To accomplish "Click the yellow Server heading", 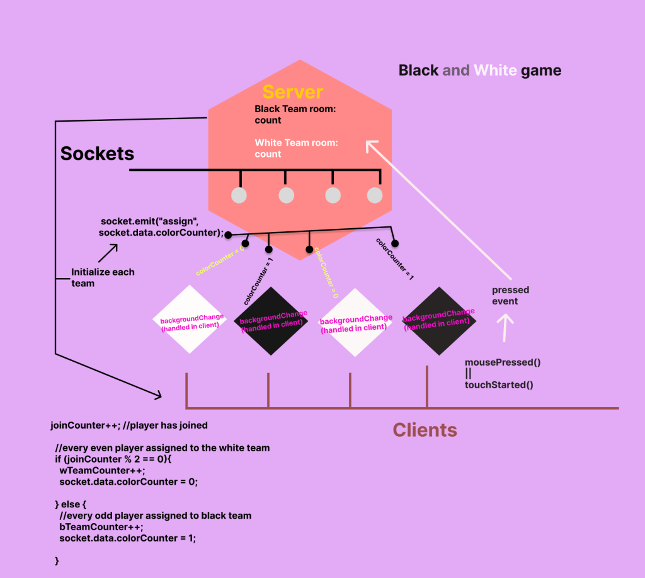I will pyautogui.click(x=292, y=92).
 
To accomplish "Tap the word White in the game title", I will pyautogui.click(x=496, y=70).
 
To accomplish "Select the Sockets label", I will pyautogui.click(x=97, y=153).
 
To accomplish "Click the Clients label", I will pyautogui.click(x=425, y=430).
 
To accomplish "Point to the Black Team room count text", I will pyautogui.click(x=295, y=114).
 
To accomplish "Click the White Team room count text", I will pyautogui.click(x=296, y=148).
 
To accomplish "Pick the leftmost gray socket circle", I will pyautogui.click(x=239, y=195).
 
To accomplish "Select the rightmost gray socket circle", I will pyautogui.click(x=375, y=195).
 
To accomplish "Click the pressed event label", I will pyautogui.click(x=510, y=296).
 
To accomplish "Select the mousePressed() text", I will pyautogui.click(x=503, y=362).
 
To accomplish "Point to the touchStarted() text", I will pyautogui.click(x=499, y=384).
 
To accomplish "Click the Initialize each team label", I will pyautogui.click(x=102, y=277).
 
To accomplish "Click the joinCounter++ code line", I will pyautogui.click(x=128, y=425).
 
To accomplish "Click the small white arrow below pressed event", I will pyautogui.click(x=506, y=328).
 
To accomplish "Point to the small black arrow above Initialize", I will pyautogui.click(x=108, y=253).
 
